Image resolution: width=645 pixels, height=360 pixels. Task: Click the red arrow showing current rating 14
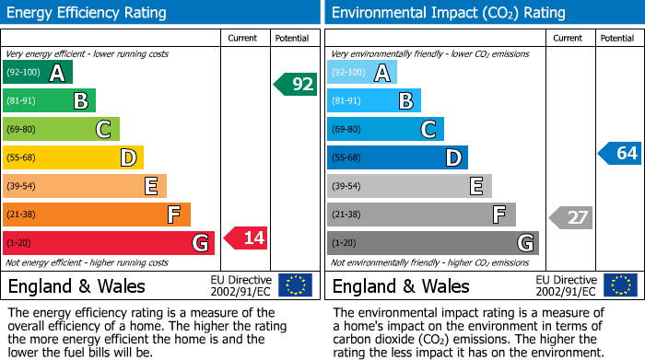point(246,238)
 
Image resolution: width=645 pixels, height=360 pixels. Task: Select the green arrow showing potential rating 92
point(296,85)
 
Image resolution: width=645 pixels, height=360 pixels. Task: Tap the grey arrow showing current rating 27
point(570,217)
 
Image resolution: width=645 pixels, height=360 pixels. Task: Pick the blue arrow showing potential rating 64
point(619,153)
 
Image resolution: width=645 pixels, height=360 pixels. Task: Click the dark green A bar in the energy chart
point(37,73)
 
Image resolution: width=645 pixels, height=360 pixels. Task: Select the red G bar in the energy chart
point(108,243)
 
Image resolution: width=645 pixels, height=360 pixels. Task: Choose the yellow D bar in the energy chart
point(73,157)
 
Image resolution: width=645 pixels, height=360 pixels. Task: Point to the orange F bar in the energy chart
point(97,215)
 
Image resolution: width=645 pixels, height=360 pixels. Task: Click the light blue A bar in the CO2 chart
point(362,73)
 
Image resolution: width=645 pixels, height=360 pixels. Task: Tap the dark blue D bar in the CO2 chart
point(397,157)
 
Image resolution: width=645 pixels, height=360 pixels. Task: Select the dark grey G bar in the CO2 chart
point(432,243)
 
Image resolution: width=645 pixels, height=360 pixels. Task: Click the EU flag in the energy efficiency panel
point(295,285)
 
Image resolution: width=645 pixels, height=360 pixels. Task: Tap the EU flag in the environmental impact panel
point(619,285)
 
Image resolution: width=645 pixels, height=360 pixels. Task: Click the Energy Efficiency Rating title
point(88,13)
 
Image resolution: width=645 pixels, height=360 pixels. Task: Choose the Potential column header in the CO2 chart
point(617,38)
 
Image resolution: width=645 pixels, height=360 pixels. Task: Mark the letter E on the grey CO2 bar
point(476,186)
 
